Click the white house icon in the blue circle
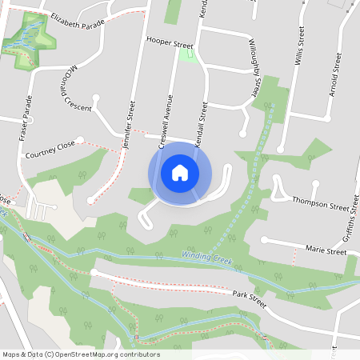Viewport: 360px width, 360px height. (179, 173)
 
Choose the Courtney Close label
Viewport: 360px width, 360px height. (50, 149)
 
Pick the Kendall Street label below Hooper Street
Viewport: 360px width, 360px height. (204, 120)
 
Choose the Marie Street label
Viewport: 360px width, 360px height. (326, 250)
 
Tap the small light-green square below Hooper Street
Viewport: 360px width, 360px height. (188, 54)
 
